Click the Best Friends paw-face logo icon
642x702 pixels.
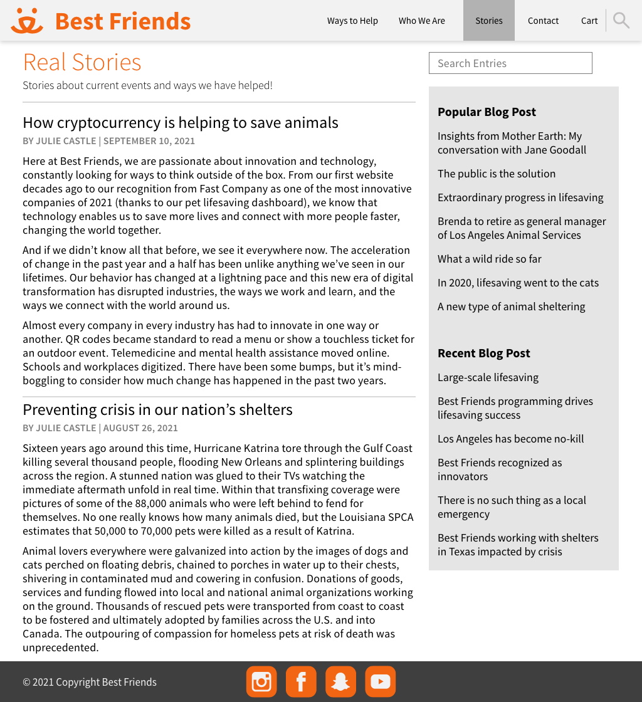click(x=27, y=21)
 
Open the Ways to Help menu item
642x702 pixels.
click(x=352, y=21)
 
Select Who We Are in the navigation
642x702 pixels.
click(x=422, y=21)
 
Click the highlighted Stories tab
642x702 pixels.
click(x=489, y=21)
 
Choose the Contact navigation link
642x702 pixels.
click(x=543, y=21)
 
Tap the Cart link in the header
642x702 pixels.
click(x=589, y=21)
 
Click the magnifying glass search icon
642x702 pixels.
click(x=621, y=21)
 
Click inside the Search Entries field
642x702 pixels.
click(x=510, y=63)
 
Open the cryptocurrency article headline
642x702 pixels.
click(x=181, y=123)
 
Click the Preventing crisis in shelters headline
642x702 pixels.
click(x=157, y=410)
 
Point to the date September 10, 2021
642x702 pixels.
click(x=149, y=141)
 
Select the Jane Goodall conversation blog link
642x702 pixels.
click(x=512, y=143)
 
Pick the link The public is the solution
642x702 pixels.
click(x=497, y=174)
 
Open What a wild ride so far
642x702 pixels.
click(x=489, y=259)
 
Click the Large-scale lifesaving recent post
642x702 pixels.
click(x=488, y=377)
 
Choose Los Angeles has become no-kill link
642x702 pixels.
click(x=510, y=439)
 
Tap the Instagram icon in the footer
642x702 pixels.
click(x=261, y=681)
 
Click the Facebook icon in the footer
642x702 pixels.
click(x=301, y=681)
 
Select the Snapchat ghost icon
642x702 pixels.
click(x=340, y=681)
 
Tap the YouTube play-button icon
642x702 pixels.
click(x=381, y=681)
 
